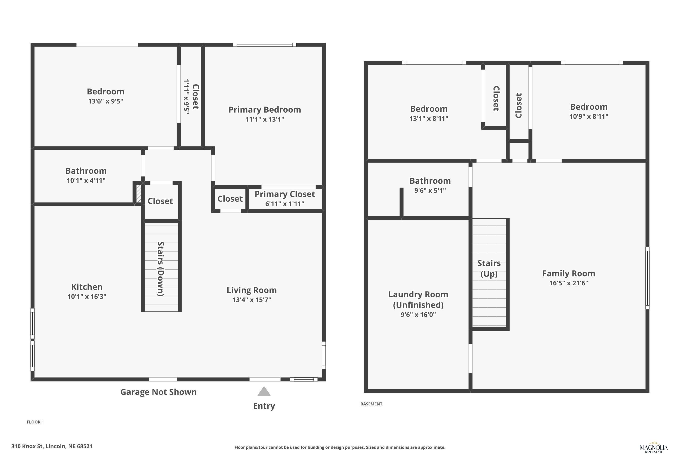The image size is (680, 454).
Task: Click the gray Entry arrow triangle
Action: [x=264, y=391]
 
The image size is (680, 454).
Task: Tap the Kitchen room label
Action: [x=87, y=287]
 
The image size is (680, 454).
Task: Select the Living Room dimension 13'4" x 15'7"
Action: [x=252, y=300]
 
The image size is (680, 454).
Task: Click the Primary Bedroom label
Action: [x=265, y=110]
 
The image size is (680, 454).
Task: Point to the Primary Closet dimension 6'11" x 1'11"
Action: [x=284, y=204]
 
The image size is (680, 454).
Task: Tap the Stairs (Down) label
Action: [x=161, y=269]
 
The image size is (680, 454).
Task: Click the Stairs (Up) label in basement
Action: [x=489, y=268]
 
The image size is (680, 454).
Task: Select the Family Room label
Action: [x=568, y=273]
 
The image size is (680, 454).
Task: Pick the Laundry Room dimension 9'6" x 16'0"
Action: [x=418, y=315]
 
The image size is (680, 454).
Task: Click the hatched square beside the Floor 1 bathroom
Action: [x=139, y=194]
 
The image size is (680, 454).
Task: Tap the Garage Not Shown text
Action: [x=158, y=392]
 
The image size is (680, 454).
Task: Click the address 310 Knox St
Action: [x=52, y=446]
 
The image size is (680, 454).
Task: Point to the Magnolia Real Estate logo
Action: [x=654, y=448]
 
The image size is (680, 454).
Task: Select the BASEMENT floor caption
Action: [x=371, y=404]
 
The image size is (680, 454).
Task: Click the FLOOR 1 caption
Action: [x=35, y=422]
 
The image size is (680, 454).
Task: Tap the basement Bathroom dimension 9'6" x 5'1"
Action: [x=430, y=190]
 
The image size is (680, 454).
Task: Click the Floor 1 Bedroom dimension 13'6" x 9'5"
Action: [x=106, y=101]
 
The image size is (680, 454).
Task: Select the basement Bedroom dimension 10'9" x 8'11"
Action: [x=589, y=116]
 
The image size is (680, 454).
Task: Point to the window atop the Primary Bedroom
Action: [x=265, y=44]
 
